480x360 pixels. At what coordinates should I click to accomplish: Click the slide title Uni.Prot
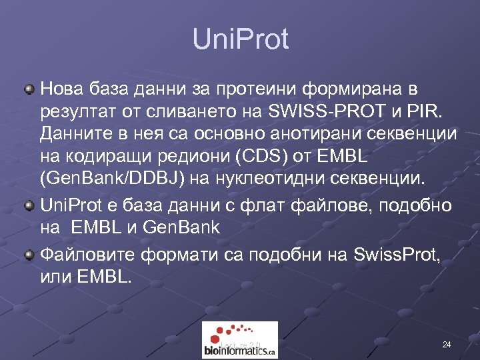(240, 39)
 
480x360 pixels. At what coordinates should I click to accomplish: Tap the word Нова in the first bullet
(62, 88)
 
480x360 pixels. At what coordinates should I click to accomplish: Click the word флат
(265, 204)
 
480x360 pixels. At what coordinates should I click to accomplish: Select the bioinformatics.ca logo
(240, 340)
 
